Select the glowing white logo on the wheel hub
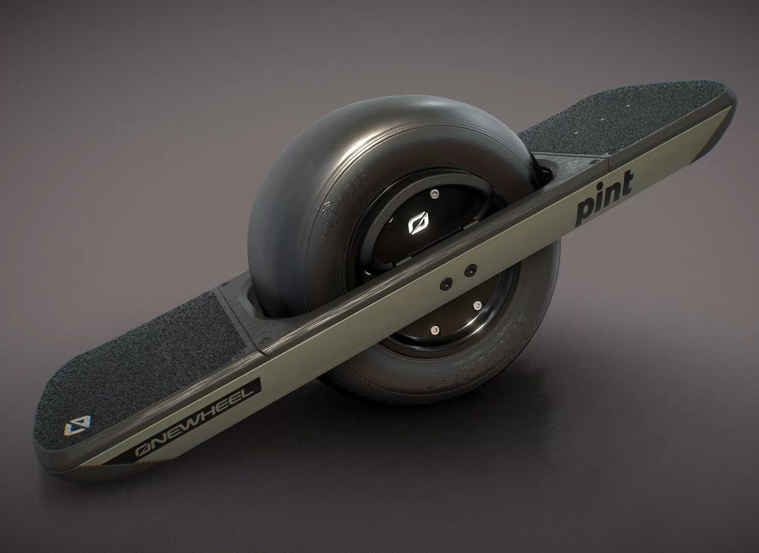tap(416, 223)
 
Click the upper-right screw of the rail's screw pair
tap(470, 270)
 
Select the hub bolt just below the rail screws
tap(477, 306)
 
